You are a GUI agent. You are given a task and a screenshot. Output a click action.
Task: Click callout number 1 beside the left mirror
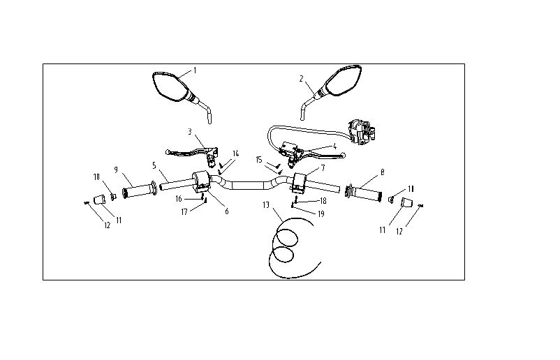click(195, 70)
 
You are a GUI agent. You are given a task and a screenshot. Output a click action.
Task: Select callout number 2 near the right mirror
click(302, 79)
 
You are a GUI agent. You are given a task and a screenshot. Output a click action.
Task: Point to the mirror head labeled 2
click(343, 80)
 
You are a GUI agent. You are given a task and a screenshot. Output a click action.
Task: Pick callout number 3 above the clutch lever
click(190, 132)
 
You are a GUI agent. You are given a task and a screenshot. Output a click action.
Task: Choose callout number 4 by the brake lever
click(334, 147)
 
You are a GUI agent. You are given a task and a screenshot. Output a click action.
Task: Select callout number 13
click(266, 205)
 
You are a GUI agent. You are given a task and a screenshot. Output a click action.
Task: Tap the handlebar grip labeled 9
click(139, 190)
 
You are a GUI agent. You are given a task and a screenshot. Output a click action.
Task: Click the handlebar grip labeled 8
click(364, 193)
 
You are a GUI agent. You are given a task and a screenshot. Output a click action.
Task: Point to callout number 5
click(154, 165)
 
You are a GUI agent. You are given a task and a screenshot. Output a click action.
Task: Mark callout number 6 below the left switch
click(227, 211)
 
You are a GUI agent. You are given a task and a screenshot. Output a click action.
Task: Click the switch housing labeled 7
click(300, 182)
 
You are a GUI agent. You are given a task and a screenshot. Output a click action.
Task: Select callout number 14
click(236, 153)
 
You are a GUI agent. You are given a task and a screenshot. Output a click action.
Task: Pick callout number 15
click(259, 160)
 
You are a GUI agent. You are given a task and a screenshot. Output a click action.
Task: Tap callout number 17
click(184, 212)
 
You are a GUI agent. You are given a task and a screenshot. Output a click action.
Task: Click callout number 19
click(321, 214)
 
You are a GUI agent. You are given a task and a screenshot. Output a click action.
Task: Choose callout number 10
click(96, 177)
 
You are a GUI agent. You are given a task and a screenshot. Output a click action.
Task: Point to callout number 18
click(323, 201)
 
